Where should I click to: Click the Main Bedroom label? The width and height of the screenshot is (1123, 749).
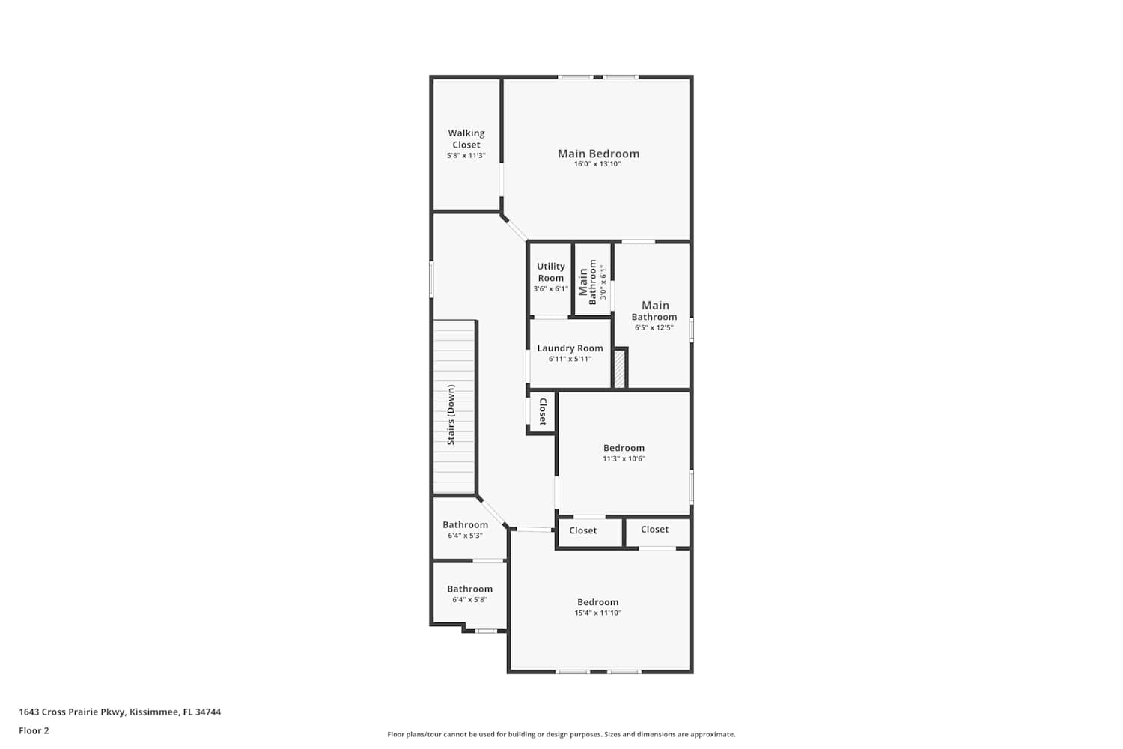click(x=599, y=154)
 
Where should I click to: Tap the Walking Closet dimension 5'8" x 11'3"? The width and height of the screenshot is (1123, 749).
click(x=466, y=156)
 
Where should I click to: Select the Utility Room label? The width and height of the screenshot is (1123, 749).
click(x=551, y=272)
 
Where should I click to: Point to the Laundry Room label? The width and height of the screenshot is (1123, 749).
click(x=570, y=348)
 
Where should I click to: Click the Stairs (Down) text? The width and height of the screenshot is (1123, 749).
click(x=451, y=415)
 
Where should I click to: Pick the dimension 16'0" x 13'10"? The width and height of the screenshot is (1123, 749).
click(x=597, y=164)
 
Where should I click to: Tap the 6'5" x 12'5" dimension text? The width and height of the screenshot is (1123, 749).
click(x=654, y=327)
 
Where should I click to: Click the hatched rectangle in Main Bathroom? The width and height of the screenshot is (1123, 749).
click(x=620, y=369)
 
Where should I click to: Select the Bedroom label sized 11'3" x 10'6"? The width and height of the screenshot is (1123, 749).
click(x=624, y=448)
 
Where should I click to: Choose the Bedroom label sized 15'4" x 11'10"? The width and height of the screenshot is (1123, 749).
click(x=598, y=602)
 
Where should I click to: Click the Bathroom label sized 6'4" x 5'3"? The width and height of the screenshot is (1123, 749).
click(x=465, y=525)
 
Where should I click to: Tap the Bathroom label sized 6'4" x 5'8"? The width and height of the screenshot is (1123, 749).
click(x=469, y=589)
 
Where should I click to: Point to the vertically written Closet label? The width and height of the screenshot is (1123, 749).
click(x=543, y=413)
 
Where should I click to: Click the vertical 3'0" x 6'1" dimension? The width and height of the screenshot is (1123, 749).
click(x=603, y=282)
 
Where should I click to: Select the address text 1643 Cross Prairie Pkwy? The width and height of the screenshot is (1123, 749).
click(x=72, y=712)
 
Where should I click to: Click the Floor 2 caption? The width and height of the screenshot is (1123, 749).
click(x=34, y=730)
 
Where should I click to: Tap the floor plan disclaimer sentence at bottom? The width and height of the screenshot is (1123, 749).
click(x=561, y=735)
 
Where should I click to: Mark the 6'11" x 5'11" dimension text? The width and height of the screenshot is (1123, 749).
click(x=570, y=360)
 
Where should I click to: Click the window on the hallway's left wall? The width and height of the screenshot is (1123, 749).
click(x=432, y=279)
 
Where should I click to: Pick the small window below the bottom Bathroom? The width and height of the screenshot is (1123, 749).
click(x=486, y=631)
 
